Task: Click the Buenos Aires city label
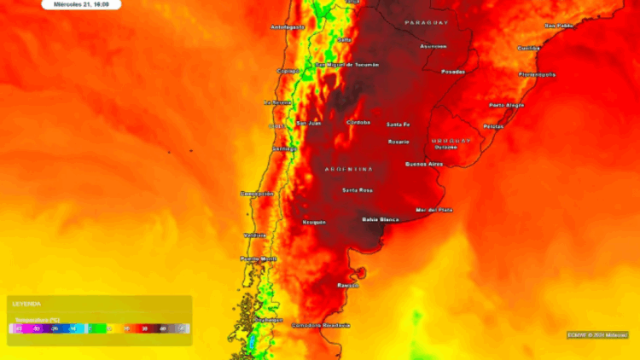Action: [x=424, y=163]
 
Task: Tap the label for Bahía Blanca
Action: [x=381, y=219]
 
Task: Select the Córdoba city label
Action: [x=358, y=122]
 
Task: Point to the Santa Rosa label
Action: [x=357, y=189]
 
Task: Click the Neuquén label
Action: [x=314, y=222]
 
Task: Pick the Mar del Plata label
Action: [x=433, y=210]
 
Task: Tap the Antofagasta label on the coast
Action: [x=288, y=27]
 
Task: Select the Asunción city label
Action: [x=433, y=46]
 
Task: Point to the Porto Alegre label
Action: [x=506, y=105]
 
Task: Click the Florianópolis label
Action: [x=537, y=74]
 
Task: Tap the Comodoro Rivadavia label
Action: [x=321, y=325]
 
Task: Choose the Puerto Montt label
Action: [x=259, y=258]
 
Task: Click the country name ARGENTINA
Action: [x=349, y=169]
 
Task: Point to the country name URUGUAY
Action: [x=451, y=140]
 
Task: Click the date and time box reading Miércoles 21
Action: [x=81, y=4]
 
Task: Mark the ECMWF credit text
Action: [x=597, y=334]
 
